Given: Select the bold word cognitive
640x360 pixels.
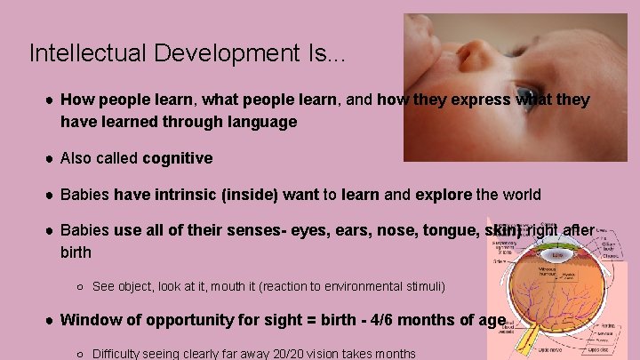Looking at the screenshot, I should coord(178,158).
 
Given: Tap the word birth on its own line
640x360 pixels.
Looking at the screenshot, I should coord(76,252).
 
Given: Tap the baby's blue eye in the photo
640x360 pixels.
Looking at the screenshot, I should coord(526,93).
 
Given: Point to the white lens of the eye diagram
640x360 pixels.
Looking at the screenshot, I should coord(556,254).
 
